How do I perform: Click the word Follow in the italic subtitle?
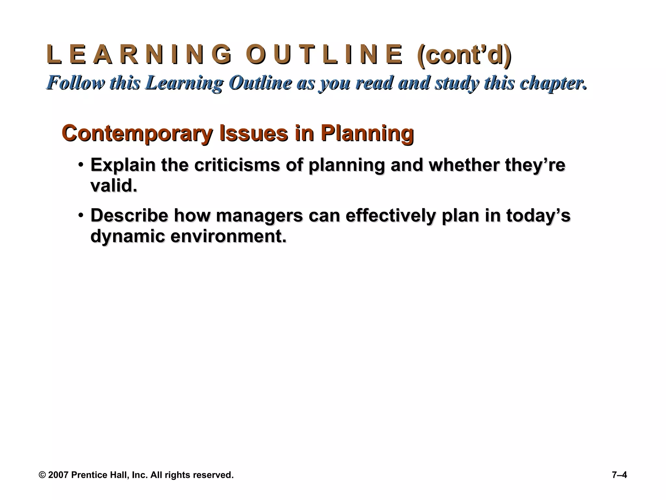point(77,83)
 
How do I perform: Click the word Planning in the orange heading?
point(367,134)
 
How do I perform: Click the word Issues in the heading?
point(254,133)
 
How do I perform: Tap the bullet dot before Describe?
point(81,215)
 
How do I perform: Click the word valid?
point(113,186)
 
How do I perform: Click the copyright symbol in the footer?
point(42,475)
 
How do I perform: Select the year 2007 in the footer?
point(58,475)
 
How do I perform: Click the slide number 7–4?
point(619,475)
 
